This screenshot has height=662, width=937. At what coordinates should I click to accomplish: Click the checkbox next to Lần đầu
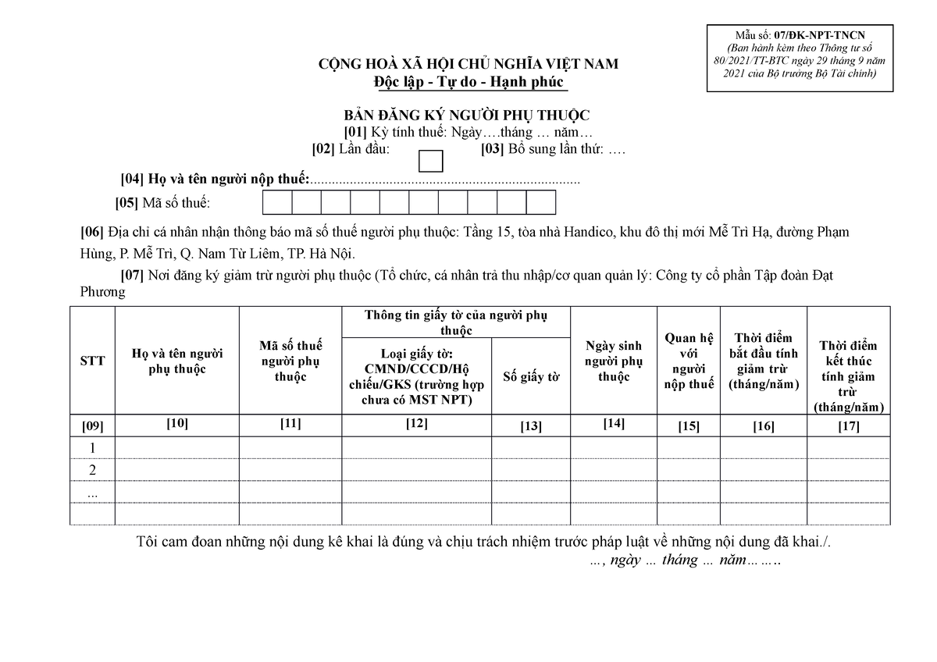pyautogui.click(x=431, y=160)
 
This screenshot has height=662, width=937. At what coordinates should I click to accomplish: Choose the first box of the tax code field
pyautogui.click(x=276, y=203)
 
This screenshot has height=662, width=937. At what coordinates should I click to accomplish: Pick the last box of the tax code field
pyautogui.click(x=540, y=203)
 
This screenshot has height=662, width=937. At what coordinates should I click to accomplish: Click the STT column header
pyautogui.click(x=92, y=360)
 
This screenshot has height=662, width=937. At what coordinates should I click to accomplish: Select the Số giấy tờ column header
pyautogui.click(x=531, y=377)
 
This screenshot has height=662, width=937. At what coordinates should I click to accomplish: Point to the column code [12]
pyautogui.click(x=416, y=424)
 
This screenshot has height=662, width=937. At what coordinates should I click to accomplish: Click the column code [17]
pyautogui.click(x=848, y=426)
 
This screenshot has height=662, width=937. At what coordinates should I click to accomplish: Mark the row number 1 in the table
pyautogui.click(x=92, y=448)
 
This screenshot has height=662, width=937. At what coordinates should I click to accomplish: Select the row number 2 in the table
pyautogui.click(x=92, y=470)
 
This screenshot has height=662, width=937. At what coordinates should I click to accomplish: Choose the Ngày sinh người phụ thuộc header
pyautogui.click(x=613, y=361)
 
